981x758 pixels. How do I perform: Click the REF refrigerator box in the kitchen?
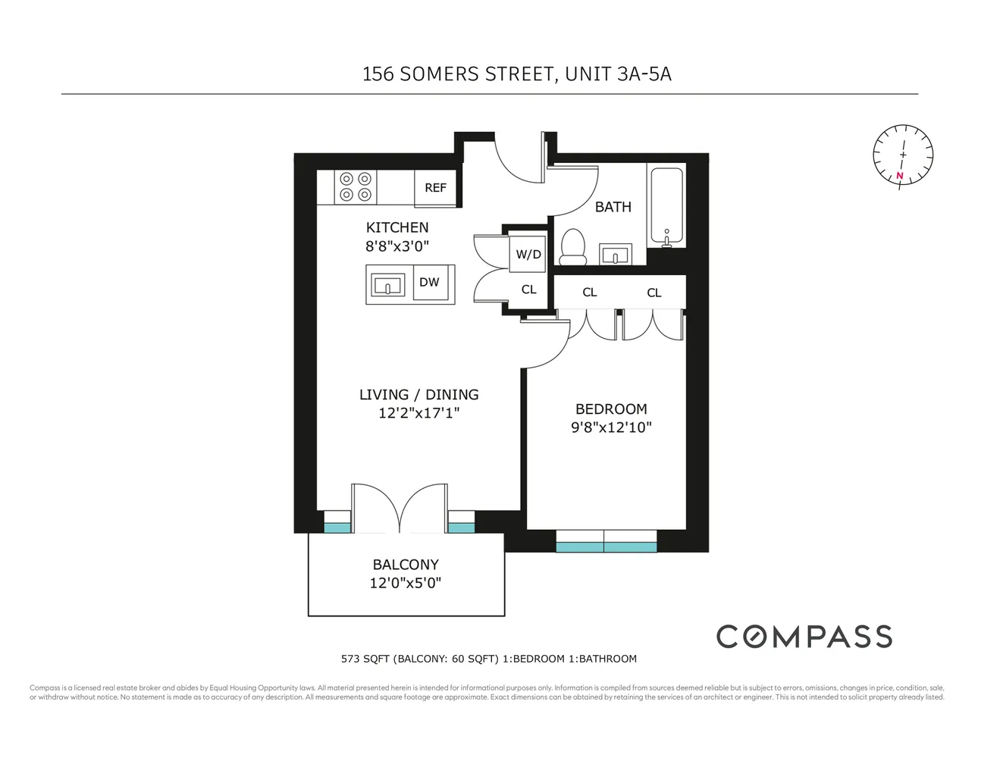(435, 188)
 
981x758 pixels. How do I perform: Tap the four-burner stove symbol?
(356, 187)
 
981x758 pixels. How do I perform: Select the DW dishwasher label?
(429, 283)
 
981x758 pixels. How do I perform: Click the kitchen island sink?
(388, 286)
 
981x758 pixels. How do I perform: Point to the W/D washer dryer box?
(528, 254)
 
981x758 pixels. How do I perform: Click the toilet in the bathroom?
(572, 247)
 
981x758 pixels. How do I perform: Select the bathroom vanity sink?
(616, 254)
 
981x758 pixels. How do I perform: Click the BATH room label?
(613, 207)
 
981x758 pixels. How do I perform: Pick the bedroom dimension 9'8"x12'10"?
(611, 428)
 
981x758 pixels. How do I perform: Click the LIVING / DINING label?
(418, 395)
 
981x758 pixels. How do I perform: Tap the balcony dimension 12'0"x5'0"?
(405, 583)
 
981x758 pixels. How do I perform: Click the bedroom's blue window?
(606, 543)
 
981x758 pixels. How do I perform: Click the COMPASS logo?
(804, 637)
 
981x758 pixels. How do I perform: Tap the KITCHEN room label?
(397, 227)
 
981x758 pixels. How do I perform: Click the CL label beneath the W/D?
(528, 290)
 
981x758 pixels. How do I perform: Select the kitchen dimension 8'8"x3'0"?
(397, 246)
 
